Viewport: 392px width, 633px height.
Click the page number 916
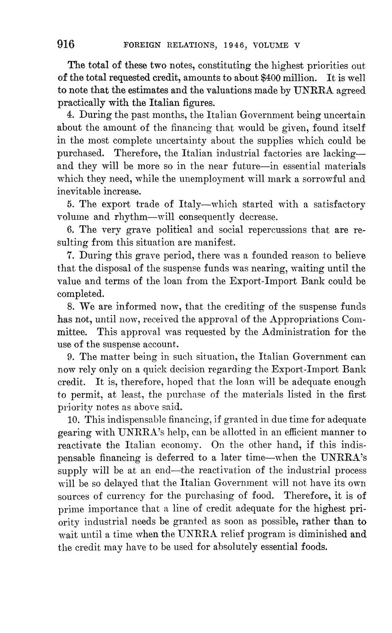66,44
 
